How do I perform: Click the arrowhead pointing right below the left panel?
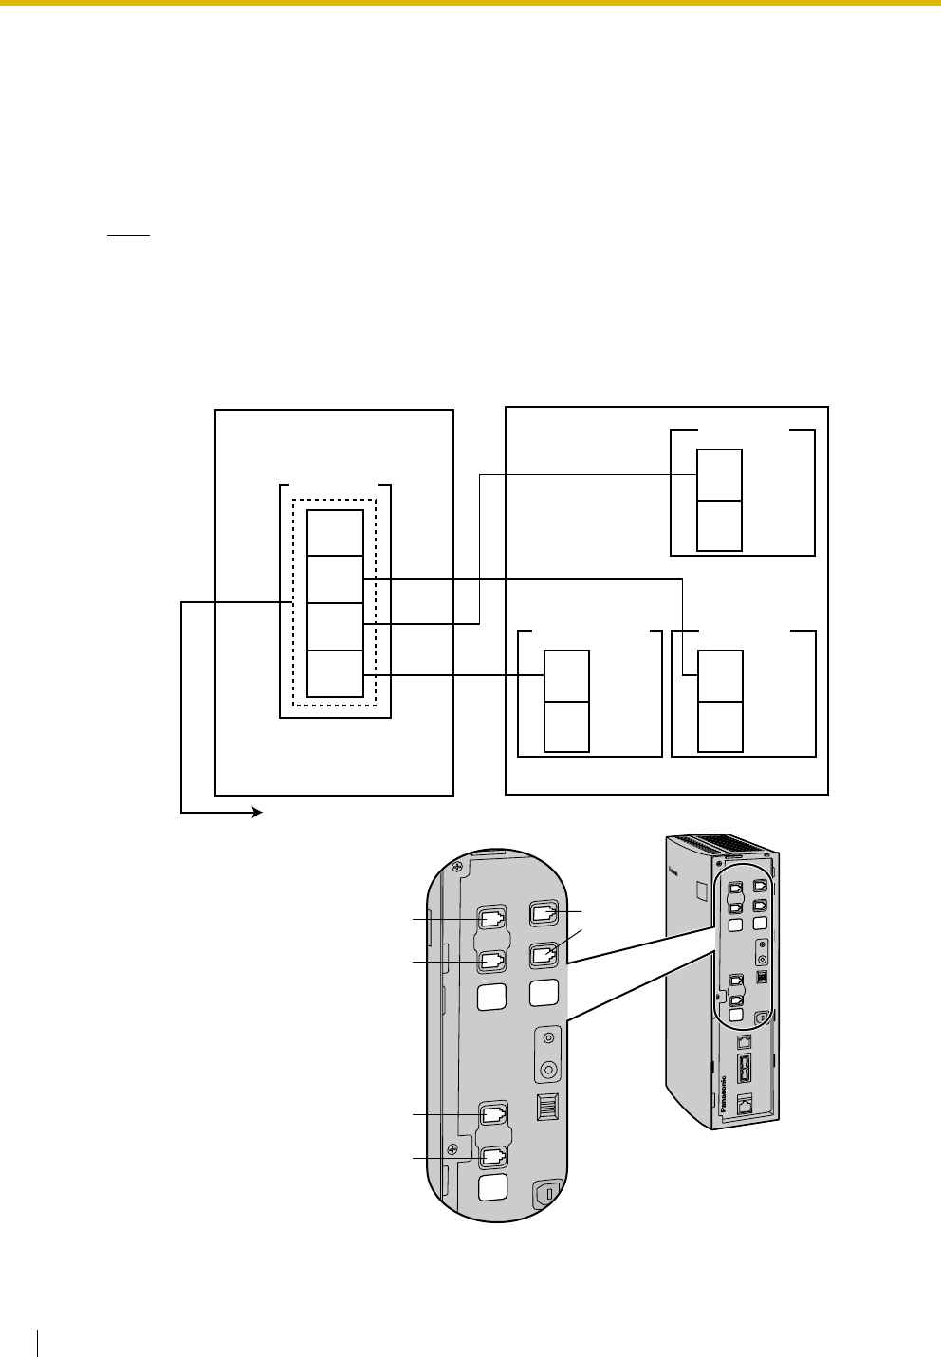257,813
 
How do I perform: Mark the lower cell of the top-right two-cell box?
720,525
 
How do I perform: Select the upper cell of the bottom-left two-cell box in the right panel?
566,676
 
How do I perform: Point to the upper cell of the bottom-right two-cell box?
720,676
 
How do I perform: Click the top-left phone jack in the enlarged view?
493,919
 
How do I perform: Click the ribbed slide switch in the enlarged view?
548,1106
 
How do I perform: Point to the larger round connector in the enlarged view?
547,1069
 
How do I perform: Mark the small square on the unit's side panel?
701,889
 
